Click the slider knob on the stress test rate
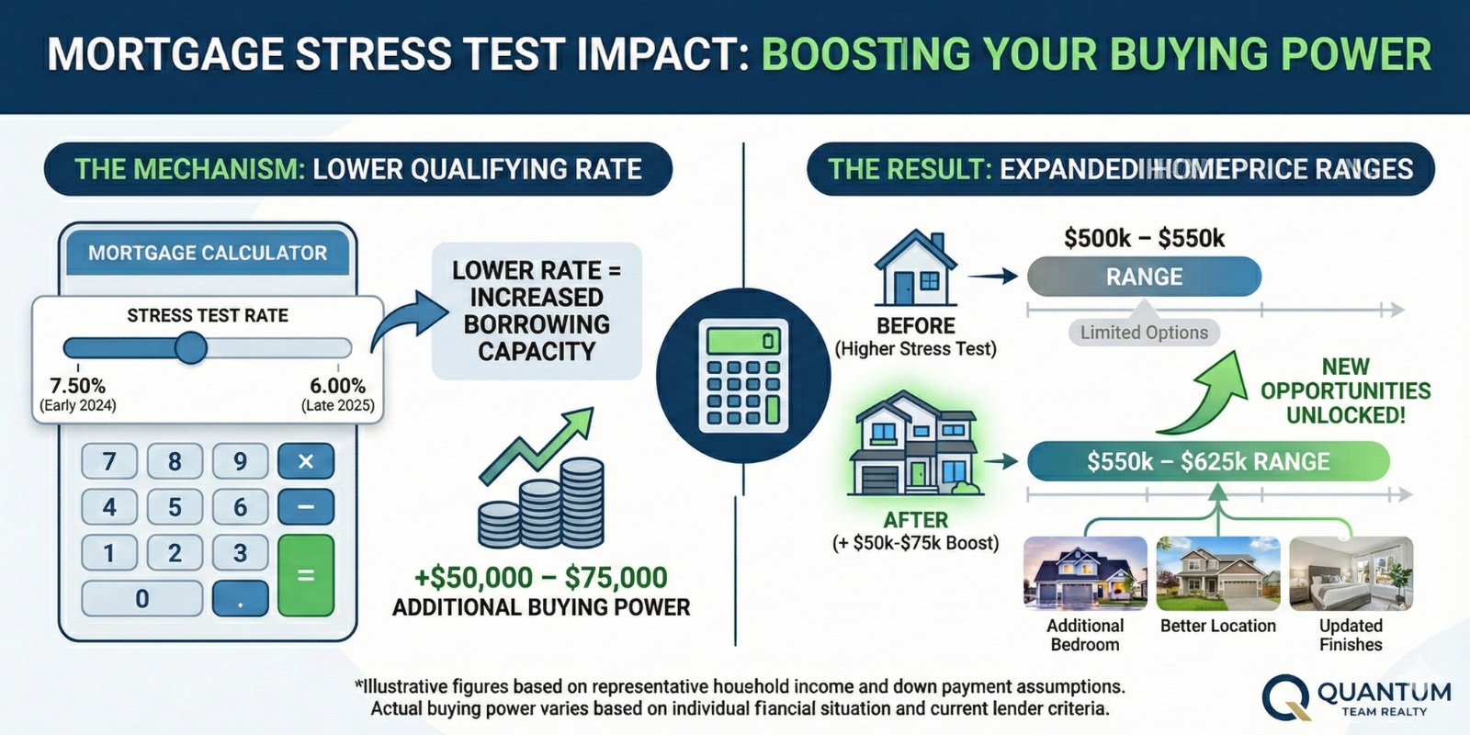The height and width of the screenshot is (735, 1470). [x=191, y=348]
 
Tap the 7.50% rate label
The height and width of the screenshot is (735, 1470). [x=77, y=386]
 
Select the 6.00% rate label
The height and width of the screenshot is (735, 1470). [x=337, y=386]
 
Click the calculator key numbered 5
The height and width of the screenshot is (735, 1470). [x=175, y=507]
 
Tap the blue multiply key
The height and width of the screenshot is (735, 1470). [x=305, y=461]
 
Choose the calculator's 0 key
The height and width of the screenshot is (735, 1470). [x=141, y=599]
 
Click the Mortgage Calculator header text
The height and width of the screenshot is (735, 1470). [x=208, y=253]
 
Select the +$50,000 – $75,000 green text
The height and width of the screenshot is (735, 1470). [x=540, y=578]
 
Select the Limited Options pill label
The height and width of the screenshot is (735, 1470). [x=1144, y=333]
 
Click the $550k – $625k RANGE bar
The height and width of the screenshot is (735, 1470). [x=1207, y=461]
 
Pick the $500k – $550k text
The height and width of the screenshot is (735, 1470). [x=1144, y=238]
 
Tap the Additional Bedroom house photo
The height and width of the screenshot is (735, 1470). [x=1085, y=574]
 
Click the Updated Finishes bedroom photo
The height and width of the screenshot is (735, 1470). [x=1351, y=574]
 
